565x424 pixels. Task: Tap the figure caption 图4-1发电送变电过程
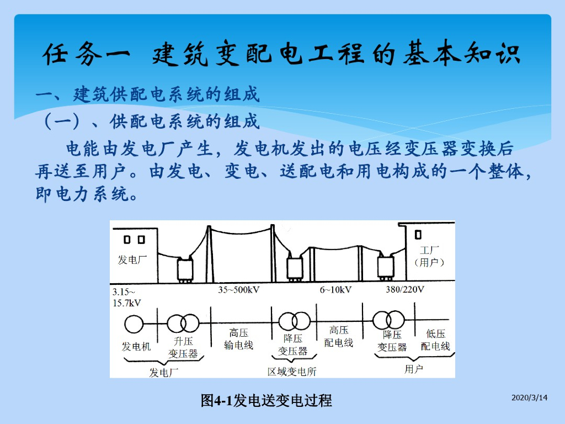[x=266, y=400]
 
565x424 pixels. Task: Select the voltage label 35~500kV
[x=239, y=289]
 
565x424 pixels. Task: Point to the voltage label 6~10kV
[x=335, y=289]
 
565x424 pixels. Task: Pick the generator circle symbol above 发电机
[x=133, y=324]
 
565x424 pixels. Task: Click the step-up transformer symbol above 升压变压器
[x=183, y=324]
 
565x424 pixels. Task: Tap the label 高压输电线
[x=238, y=339]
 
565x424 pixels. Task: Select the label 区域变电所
[x=292, y=372]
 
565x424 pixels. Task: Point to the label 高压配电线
[x=339, y=336]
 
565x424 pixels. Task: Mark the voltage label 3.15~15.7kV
[x=126, y=296]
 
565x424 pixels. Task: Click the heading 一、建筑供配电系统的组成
[x=147, y=94]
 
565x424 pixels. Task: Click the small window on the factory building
[x=418, y=235]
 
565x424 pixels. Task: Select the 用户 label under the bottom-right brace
[x=413, y=369]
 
